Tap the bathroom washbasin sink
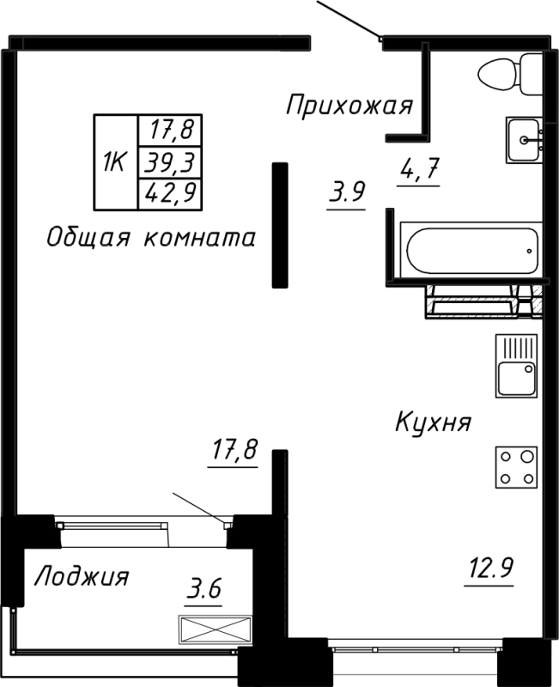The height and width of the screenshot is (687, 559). coord(523,139)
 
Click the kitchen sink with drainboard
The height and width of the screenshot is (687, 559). coord(516,367)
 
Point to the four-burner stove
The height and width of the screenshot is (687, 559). coord(516,468)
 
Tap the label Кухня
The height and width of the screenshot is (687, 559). coord(434,423)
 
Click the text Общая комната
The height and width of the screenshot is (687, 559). coord(150,238)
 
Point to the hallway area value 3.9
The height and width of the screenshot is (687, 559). coord(347,192)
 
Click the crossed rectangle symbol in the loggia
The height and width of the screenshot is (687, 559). coord(216,629)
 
